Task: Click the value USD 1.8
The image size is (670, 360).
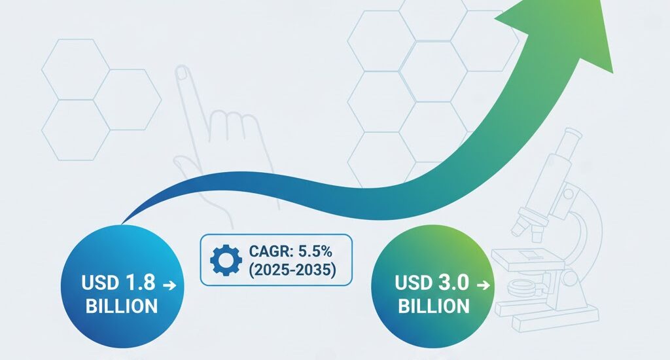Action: tap(118, 284)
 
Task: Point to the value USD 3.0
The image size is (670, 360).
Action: tap(432, 284)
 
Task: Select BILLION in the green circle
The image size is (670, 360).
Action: tap(434, 306)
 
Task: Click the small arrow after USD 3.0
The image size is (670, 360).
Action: tap(483, 285)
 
